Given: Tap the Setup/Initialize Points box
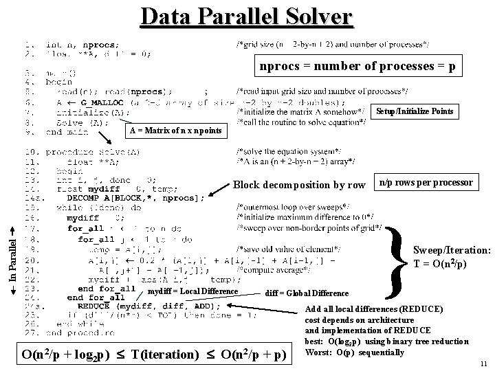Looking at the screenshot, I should (415, 111).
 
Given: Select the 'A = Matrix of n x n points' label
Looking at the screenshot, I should (176, 131).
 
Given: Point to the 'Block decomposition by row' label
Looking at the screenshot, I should (299, 184).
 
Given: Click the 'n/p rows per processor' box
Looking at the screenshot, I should (426, 182).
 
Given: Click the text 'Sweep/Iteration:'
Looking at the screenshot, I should (451, 251).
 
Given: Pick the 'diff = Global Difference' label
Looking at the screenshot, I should (307, 293).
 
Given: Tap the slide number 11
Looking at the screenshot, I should (484, 363).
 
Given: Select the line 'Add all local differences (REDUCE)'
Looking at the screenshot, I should (374, 309).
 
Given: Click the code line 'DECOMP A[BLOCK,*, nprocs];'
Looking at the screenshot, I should (135, 198).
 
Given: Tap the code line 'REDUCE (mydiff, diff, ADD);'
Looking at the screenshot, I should (144, 306).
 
